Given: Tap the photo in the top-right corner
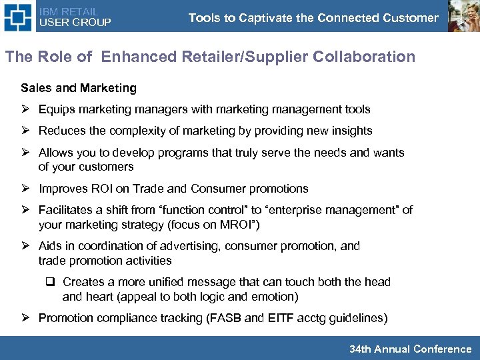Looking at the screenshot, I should point(463,16).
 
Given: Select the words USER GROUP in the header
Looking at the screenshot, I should point(75,23).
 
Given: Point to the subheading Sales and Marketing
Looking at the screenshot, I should point(79,88).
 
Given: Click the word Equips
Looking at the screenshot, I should point(56,109).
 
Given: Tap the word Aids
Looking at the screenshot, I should point(51,246).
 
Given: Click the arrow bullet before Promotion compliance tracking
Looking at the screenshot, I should point(26,318).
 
